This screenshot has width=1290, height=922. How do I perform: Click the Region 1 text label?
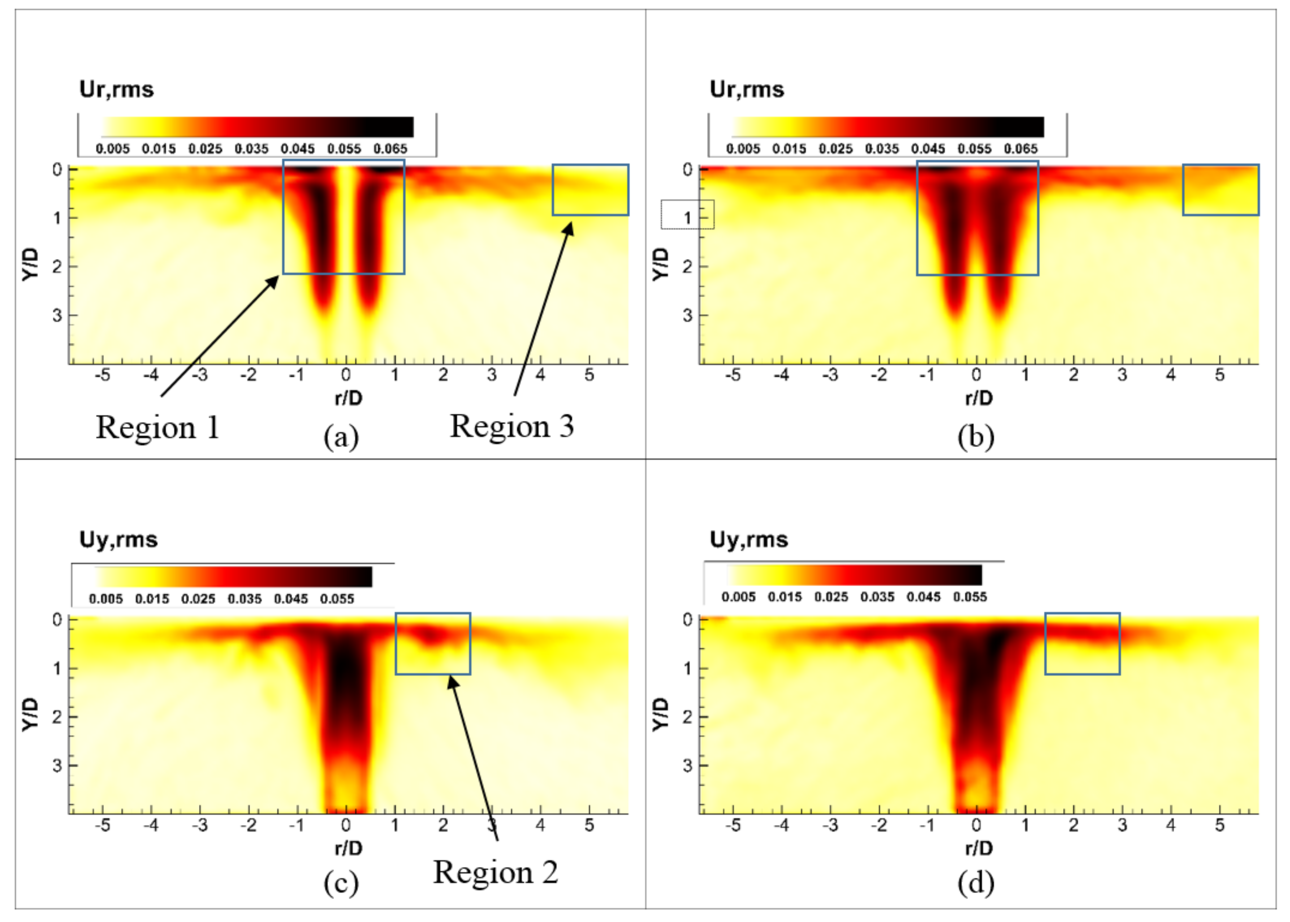click(158, 428)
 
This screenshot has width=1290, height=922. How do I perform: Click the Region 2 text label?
click(495, 873)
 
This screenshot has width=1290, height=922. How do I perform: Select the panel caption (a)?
click(341, 437)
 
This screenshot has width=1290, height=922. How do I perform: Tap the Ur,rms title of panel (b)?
click(747, 90)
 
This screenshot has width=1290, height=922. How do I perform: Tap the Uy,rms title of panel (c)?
click(118, 539)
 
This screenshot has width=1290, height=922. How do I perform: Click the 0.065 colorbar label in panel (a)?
click(390, 149)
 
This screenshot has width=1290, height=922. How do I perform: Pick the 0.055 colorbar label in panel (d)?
click(969, 597)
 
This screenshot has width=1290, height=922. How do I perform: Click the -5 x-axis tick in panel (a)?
click(102, 375)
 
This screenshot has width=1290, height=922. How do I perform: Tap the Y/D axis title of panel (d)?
click(660, 715)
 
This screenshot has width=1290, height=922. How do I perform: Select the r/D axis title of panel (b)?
click(978, 398)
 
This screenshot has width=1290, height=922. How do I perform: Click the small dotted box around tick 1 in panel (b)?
click(687, 214)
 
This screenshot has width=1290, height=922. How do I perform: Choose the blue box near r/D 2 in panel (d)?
click(1082, 644)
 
